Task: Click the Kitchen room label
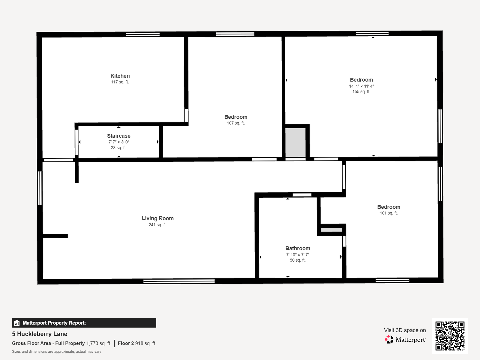[120, 76]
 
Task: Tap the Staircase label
[119, 136]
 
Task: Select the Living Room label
[158, 218]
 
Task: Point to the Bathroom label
[298, 248]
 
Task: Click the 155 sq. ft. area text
[361, 92]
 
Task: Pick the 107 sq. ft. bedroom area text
[236, 123]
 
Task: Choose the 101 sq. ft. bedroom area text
[389, 213]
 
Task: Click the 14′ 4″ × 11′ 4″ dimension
[361, 86]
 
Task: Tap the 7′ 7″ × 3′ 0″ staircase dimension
[119, 142]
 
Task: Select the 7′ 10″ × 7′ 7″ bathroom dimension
[298, 255]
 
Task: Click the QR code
[450, 336]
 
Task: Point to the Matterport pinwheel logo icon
[389, 339]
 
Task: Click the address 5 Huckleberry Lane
[40, 334]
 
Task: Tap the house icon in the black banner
[17, 323]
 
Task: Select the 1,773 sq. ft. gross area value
[99, 343]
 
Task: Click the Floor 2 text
[126, 343]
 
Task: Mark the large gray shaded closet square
[295, 142]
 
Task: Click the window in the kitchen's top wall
[143, 34]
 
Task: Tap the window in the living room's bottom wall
[179, 281]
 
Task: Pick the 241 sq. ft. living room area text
[158, 225]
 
